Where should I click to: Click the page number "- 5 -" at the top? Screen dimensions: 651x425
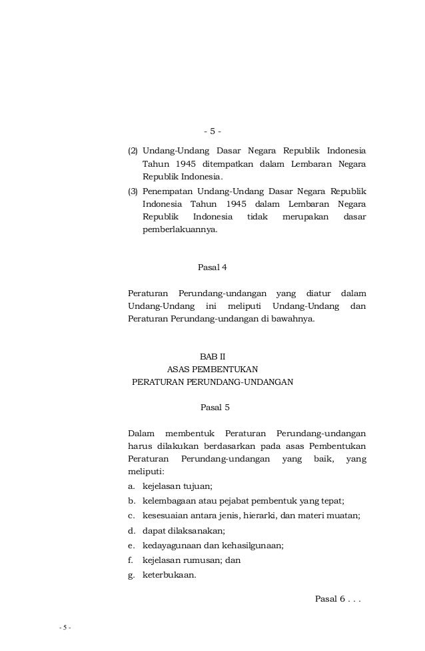(212, 130)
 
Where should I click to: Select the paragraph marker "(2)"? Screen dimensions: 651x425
(133, 148)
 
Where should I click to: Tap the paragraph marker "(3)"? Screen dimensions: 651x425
(133, 191)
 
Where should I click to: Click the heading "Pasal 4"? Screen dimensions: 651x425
(212, 268)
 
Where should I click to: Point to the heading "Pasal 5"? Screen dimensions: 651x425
(214, 406)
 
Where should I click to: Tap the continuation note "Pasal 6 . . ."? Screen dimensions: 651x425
(337, 598)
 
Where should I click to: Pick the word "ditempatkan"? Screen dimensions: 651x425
(230, 163)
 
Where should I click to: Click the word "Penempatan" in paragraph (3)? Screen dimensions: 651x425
(167, 191)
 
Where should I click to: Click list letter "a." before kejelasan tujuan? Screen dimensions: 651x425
(132, 486)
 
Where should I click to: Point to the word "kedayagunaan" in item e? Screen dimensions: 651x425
(170, 546)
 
